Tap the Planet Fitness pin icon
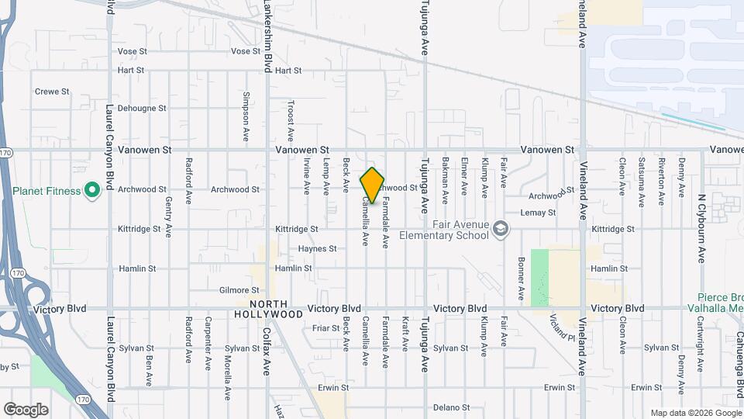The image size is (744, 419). coord(91,190)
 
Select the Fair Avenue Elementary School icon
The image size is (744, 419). coord(501,228)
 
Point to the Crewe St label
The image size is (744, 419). coord(52,92)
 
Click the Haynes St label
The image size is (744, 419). coord(318,249)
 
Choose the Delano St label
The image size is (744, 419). coord(451,407)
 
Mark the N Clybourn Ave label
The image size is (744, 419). coord(701,229)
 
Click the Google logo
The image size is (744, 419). coord(26,409)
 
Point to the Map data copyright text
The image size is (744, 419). coord(694,413)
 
